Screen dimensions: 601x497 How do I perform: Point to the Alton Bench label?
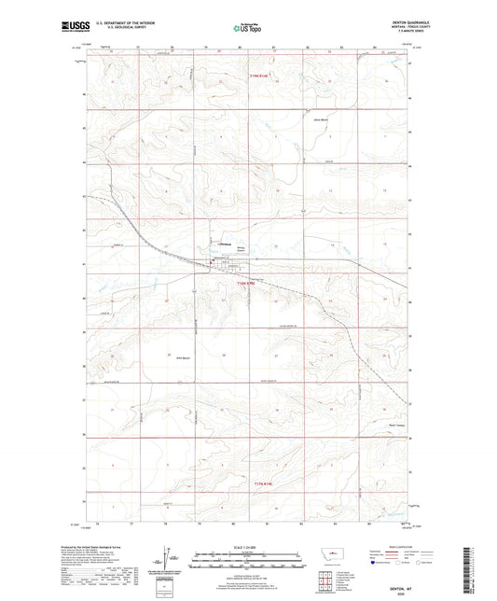(x=324, y=122)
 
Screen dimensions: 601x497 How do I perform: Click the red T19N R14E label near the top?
(x=262, y=78)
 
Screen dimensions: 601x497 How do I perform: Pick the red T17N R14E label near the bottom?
(x=265, y=482)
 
